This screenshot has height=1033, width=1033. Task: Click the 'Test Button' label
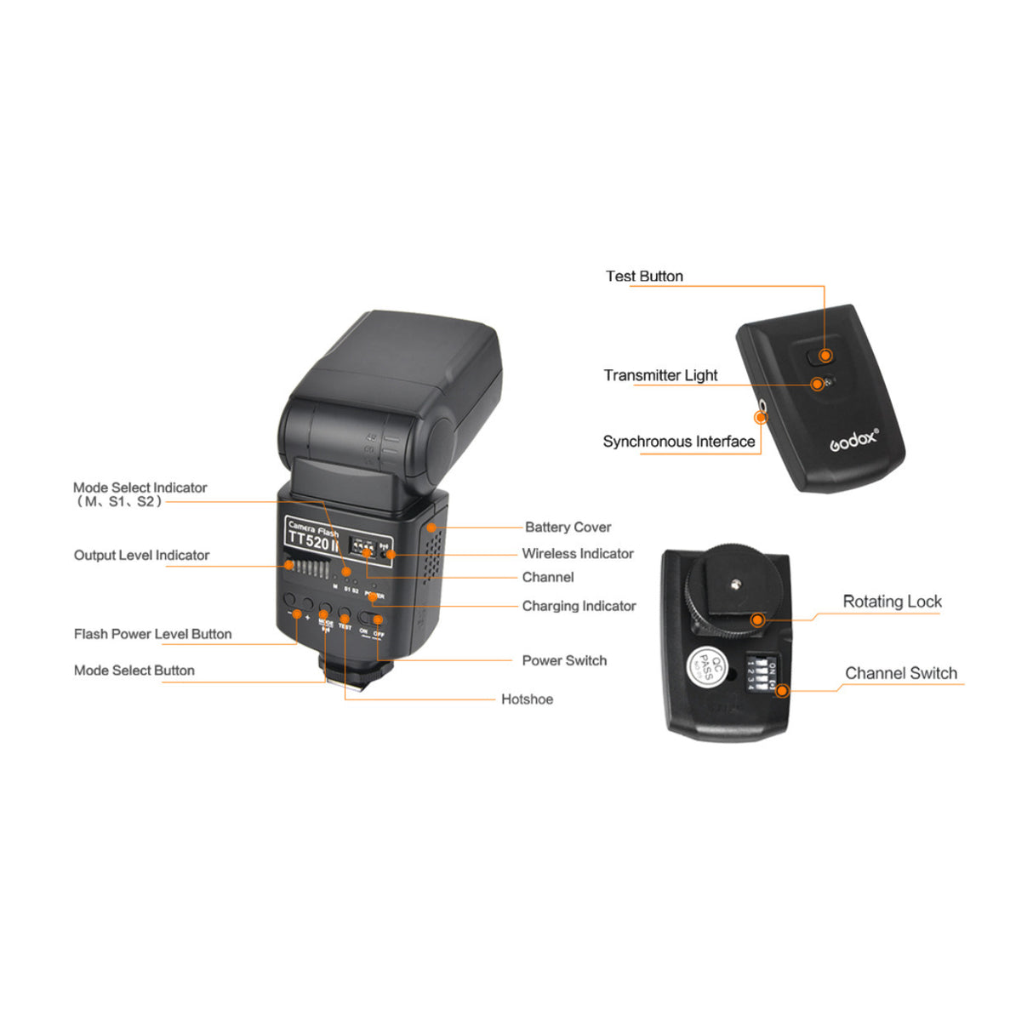[644, 277]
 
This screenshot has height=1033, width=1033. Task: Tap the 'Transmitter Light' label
[660, 375]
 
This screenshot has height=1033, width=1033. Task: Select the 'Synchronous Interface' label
[678, 442]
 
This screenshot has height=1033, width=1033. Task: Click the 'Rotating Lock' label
[892, 602]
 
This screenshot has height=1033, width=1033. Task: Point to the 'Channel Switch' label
[900, 673]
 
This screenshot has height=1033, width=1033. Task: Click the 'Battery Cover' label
[568, 528]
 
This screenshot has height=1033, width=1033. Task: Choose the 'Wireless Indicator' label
[577, 554]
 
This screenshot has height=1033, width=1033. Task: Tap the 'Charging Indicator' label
[579, 606]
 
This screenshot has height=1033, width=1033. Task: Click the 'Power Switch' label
[564, 660]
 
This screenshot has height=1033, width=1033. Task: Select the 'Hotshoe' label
[527, 699]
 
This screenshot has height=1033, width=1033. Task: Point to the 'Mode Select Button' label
[134, 671]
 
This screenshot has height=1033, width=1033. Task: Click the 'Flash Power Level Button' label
[152, 634]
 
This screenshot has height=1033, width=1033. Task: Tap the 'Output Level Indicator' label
[141, 556]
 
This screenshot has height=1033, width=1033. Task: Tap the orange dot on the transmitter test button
[825, 356]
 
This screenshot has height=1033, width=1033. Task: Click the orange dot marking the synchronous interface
[761, 418]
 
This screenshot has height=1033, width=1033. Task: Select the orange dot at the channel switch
[782, 690]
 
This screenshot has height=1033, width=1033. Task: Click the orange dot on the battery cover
[431, 528]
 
